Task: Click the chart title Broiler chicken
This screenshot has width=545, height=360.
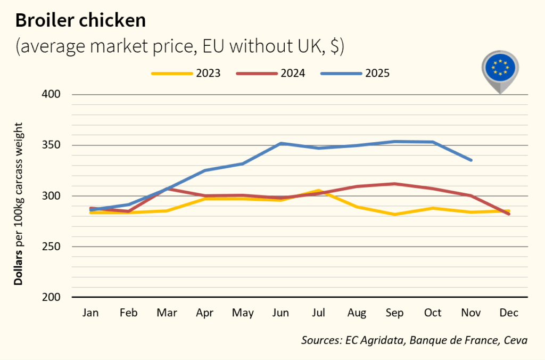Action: pos(80,20)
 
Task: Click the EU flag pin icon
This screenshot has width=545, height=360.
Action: pos(500,69)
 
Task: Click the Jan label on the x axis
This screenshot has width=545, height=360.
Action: pos(90,313)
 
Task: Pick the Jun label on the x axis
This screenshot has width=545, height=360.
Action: pos(280,313)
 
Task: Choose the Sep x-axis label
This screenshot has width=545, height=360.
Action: pos(395,313)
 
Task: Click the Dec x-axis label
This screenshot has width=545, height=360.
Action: pos(509,313)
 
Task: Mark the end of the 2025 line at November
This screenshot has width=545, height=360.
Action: pos(471,160)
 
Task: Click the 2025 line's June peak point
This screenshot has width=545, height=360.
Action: pos(280,143)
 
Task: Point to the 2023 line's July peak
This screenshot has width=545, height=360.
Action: pos(319,191)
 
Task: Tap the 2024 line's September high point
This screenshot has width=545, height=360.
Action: pos(395,184)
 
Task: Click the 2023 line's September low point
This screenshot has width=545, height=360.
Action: pos(395,214)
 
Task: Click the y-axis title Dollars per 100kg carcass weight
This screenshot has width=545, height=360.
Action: pos(19,203)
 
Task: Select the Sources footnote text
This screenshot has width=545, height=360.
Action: pos(414,340)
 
